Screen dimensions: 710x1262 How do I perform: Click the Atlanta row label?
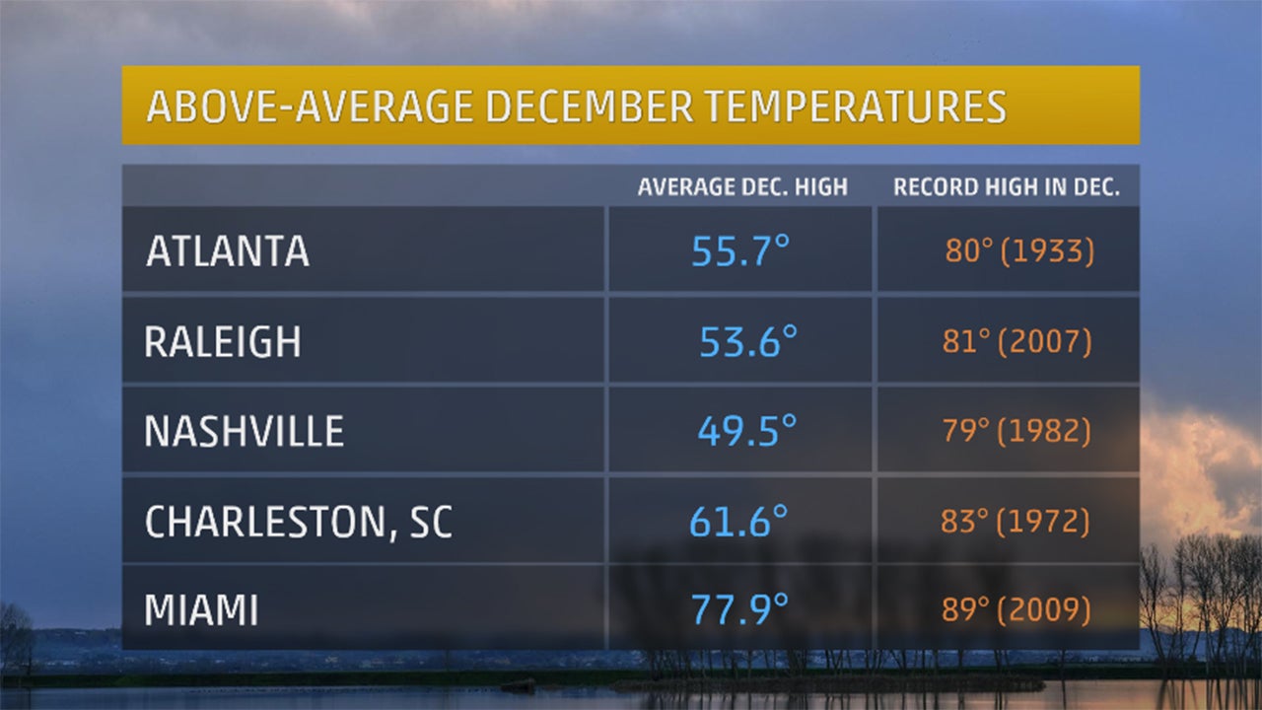pyautogui.click(x=228, y=251)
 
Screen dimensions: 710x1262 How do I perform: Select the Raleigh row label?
pyautogui.click(x=223, y=342)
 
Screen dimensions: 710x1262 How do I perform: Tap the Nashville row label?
pyautogui.click(x=245, y=432)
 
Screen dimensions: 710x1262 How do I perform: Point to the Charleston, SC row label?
pyautogui.click(x=299, y=522)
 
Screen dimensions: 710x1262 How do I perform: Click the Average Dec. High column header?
pyautogui.click(x=742, y=187)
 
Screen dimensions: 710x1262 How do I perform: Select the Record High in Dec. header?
pyautogui.click(x=1007, y=187)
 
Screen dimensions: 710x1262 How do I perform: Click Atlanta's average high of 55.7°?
pyautogui.click(x=741, y=251)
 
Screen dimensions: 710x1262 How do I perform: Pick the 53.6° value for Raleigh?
pyautogui.click(x=747, y=342)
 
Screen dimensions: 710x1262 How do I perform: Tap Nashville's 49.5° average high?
pyautogui.click(x=746, y=432)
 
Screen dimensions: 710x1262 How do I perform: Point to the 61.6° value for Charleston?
pyautogui.click(x=738, y=522)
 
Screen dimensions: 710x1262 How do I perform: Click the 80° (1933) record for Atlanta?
pyautogui.click(x=1019, y=251)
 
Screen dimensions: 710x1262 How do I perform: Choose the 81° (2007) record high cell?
pyautogui.click(x=1017, y=342)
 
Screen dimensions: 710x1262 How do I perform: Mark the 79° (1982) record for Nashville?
pyautogui.click(x=1017, y=432)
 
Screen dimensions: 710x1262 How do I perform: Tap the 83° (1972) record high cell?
pyautogui.click(x=1015, y=522)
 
